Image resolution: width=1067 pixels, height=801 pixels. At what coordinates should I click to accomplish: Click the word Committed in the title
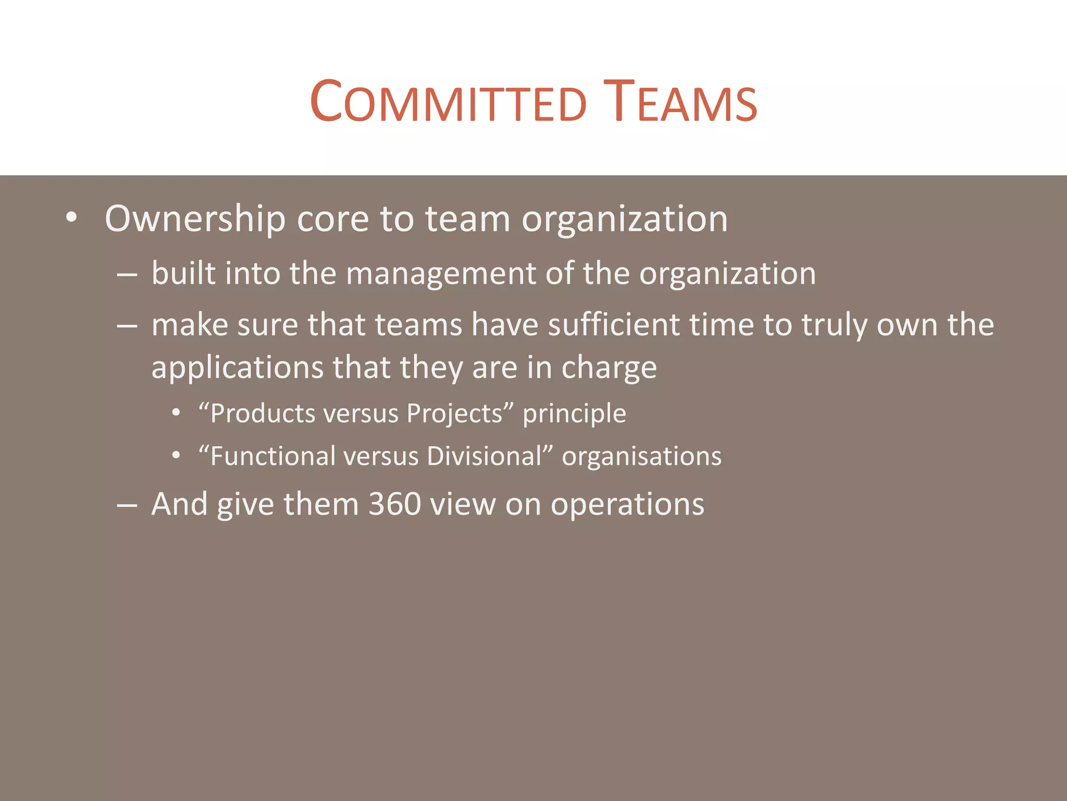pos(448,102)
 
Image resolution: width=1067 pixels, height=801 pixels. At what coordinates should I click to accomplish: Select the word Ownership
pos(195,219)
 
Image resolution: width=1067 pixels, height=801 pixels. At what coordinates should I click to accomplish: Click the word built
pos(183,273)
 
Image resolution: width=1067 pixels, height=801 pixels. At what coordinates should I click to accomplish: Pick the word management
pos(441,274)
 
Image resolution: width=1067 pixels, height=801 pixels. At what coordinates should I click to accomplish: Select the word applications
pos(238,368)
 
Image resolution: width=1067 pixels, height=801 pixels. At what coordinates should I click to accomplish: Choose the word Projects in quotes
pos(454,414)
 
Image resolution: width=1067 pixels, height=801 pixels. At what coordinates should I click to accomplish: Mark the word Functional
pos(273,456)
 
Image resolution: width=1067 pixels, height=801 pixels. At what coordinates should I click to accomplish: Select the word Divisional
pos(485,456)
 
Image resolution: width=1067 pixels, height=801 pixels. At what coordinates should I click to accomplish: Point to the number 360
pos(394,504)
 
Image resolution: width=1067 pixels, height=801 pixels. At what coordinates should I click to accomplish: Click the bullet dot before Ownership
pos(71,217)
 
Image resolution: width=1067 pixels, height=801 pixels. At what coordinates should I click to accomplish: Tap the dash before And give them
pos(127,505)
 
